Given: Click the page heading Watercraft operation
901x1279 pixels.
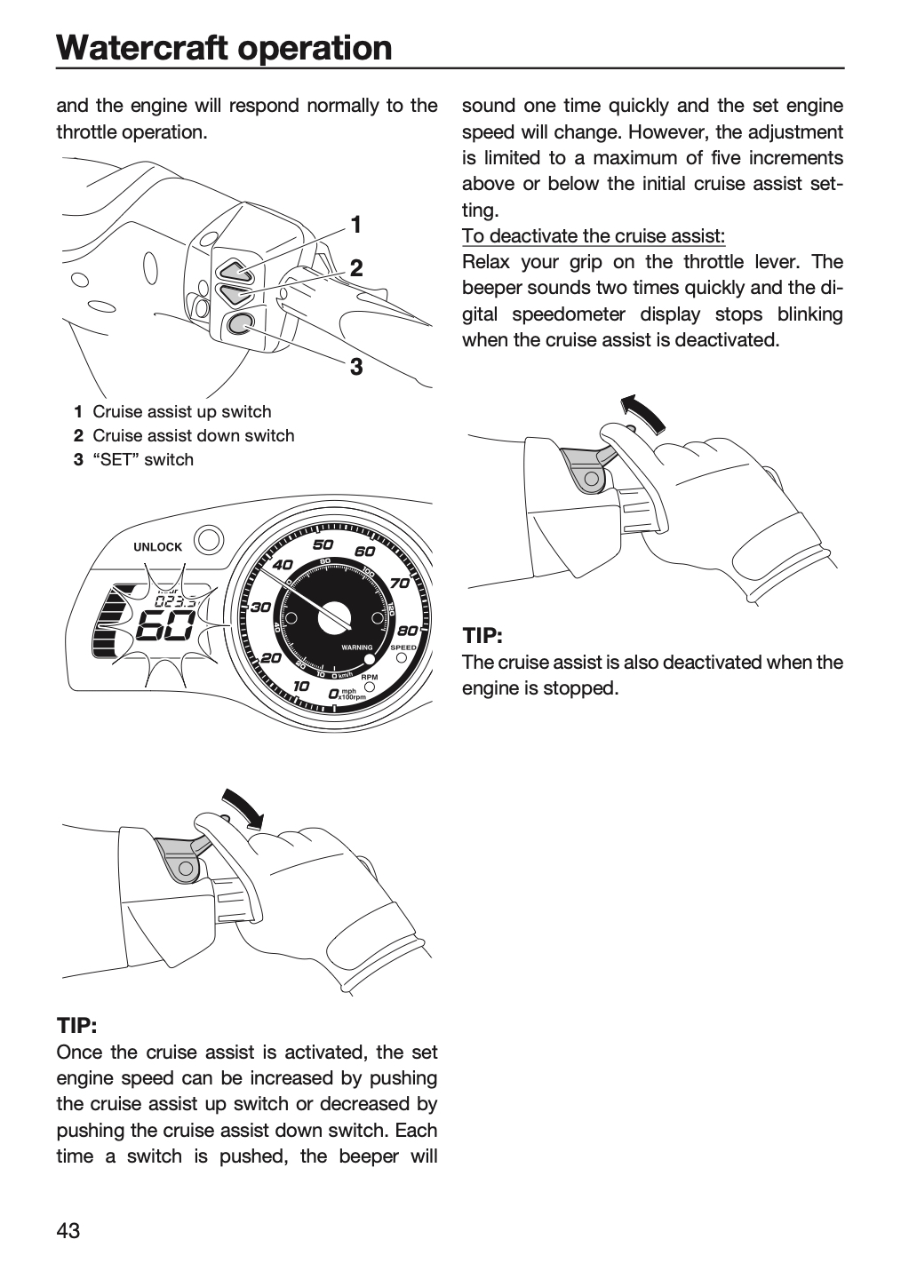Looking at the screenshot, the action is click(x=224, y=47).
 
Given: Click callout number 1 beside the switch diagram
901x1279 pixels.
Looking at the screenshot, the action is click(x=356, y=225).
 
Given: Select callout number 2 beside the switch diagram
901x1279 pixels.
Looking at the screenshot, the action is click(x=356, y=268).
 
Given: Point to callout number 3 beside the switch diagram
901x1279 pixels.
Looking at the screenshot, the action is click(x=356, y=367).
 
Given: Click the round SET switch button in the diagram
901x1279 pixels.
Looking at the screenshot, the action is click(x=239, y=324).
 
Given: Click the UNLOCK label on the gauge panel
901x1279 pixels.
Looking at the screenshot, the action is click(x=157, y=547).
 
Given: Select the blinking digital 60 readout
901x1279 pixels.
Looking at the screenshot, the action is click(x=165, y=626).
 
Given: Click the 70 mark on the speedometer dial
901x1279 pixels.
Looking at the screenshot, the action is click(x=400, y=583).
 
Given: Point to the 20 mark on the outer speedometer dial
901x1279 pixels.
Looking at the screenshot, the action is click(x=271, y=658).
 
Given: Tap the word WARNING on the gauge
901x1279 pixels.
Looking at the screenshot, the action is click(x=357, y=647).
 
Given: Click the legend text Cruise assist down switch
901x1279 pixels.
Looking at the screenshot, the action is click(x=193, y=435).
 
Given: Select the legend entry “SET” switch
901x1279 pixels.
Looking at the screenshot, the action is click(x=143, y=460).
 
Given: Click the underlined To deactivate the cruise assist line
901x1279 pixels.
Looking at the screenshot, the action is click(x=594, y=236).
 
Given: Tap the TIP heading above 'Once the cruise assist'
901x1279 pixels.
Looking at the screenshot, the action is click(x=76, y=1026).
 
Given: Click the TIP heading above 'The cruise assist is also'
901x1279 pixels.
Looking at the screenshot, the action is click(x=482, y=636).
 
